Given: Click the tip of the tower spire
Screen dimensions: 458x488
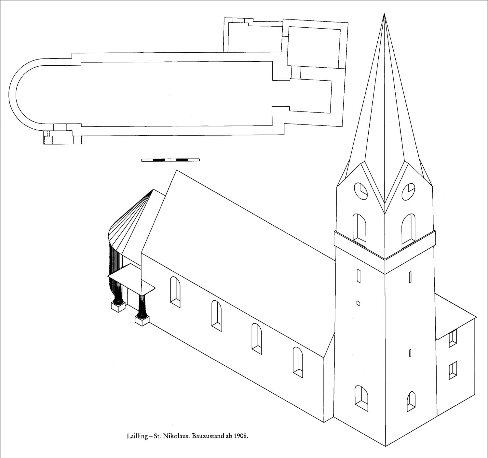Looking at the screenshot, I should (384, 14).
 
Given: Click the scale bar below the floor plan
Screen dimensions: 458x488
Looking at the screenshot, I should (170, 160).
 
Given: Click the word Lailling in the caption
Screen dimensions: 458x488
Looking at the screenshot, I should (137, 436).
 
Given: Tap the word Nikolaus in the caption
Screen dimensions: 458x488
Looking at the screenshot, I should (177, 436).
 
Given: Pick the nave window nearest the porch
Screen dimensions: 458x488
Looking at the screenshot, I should (175, 292).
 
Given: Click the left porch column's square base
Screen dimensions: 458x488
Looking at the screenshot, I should (118, 306).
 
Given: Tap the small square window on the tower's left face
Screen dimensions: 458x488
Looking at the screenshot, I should (359, 303).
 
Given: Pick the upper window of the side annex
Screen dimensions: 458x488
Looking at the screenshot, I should (453, 338).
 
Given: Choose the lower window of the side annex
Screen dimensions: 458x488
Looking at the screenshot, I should (453, 370).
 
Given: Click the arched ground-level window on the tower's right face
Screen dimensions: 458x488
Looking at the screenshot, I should (411, 401).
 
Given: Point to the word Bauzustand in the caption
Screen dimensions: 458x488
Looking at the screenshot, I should (207, 436).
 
